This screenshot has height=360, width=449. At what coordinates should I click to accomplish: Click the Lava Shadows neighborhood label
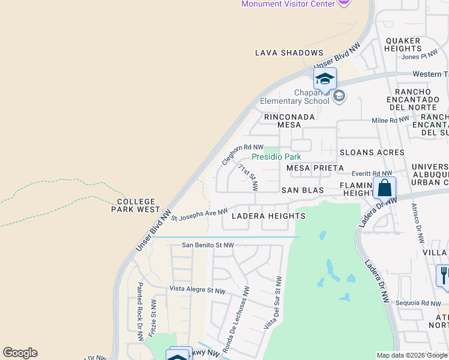[289, 53]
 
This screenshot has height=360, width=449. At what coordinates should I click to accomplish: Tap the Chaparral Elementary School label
[312, 97]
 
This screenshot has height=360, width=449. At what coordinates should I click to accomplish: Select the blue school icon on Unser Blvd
[325, 79]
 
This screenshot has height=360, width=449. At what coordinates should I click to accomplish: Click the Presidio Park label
[276, 157]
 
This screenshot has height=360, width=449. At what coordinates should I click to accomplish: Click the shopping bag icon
[384, 188]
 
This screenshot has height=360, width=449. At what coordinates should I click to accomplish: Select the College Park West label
[136, 206]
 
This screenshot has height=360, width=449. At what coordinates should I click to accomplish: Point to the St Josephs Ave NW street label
[199, 214]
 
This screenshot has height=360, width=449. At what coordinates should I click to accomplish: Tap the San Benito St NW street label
[208, 245]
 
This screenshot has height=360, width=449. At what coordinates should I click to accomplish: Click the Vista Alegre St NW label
[197, 289]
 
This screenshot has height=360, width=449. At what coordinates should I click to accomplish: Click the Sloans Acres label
[372, 152]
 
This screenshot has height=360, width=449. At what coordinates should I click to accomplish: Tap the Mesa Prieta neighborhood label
[315, 168]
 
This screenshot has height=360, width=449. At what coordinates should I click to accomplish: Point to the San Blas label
[303, 190]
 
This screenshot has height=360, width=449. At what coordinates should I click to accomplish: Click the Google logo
[20, 353]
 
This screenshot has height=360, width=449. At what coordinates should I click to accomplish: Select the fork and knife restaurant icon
[443, 275]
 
